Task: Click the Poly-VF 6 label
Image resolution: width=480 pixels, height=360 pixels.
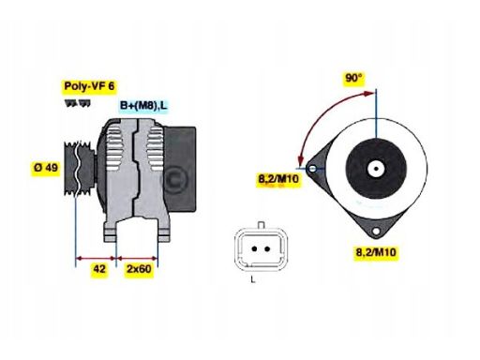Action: point(89,86)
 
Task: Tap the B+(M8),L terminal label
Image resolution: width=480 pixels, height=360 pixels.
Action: point(143,106)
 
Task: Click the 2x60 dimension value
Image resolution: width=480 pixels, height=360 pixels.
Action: point(139,270)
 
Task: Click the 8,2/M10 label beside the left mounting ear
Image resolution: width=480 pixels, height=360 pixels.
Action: point(278,178)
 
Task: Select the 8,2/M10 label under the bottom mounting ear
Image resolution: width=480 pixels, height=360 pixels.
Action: point(378,251)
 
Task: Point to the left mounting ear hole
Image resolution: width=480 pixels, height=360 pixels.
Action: point(322,170)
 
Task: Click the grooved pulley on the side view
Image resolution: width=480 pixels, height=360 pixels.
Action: point(79,170)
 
